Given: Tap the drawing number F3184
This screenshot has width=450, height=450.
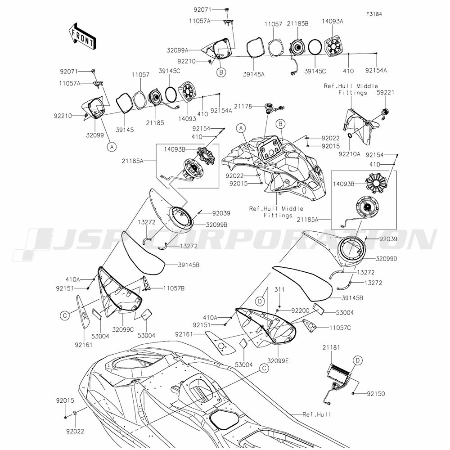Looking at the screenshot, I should pos(374,14).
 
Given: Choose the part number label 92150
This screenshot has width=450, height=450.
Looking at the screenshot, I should pos(376,393).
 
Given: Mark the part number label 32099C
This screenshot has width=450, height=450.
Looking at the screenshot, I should pos(123,329).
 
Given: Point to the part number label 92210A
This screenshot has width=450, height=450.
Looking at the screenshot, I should pos(349,154).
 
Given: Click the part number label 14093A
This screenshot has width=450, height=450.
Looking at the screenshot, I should pos(333,21).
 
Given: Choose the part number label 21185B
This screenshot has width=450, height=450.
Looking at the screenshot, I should pos(298,23).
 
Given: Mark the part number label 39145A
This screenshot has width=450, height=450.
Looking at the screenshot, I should pos(254,74).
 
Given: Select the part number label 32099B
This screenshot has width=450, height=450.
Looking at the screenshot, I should pos(216,224).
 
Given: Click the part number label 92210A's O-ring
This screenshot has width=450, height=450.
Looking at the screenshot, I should pos(350,135).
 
